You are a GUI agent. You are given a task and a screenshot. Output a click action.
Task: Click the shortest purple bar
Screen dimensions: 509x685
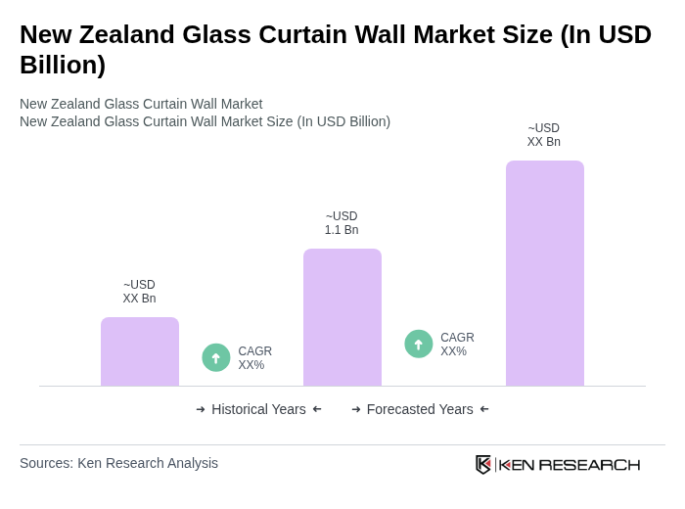[x=140, y=351]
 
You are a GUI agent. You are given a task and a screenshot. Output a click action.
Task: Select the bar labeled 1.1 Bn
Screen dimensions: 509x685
[x=342, y=317]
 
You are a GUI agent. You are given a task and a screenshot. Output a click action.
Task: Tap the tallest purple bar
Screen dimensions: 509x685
[x=544, y=273]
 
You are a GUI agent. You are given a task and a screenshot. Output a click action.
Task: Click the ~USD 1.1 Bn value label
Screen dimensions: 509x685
[x=342, y=223]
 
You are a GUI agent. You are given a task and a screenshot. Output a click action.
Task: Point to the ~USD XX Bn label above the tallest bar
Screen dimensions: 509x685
[x=544, y=135]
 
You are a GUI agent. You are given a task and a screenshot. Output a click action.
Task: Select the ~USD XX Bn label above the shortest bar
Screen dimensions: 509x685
[x=139, y=292]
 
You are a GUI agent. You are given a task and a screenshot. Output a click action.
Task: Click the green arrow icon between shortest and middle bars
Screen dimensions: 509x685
[x=216, y=357]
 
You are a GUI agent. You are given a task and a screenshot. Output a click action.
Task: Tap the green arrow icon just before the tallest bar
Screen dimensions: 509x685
[x=419, y=344]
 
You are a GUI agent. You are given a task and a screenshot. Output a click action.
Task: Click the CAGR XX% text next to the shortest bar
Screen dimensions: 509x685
[x=254, y=358]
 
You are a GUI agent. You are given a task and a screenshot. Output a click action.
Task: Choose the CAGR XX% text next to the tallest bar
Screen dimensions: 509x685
[x=457, y=345]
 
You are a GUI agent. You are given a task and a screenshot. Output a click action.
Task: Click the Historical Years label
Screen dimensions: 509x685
[x=258, y=409]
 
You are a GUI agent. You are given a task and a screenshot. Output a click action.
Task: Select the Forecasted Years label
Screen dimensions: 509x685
[x=420, y=409]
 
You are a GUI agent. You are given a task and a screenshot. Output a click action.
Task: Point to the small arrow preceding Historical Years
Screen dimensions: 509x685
[x=201, y=409]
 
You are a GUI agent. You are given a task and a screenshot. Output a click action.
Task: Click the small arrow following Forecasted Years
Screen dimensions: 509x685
[x=484, y=409]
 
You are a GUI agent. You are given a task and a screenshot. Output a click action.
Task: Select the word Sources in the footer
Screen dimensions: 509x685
[x=46, y=463]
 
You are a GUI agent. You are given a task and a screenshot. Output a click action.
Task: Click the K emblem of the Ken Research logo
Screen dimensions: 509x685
[x=483, y=464]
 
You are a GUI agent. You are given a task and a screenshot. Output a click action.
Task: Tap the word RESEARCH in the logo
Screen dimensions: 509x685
[x=589, y=464]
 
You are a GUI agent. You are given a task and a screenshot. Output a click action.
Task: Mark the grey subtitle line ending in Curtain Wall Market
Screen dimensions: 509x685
[x=141, y=104]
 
